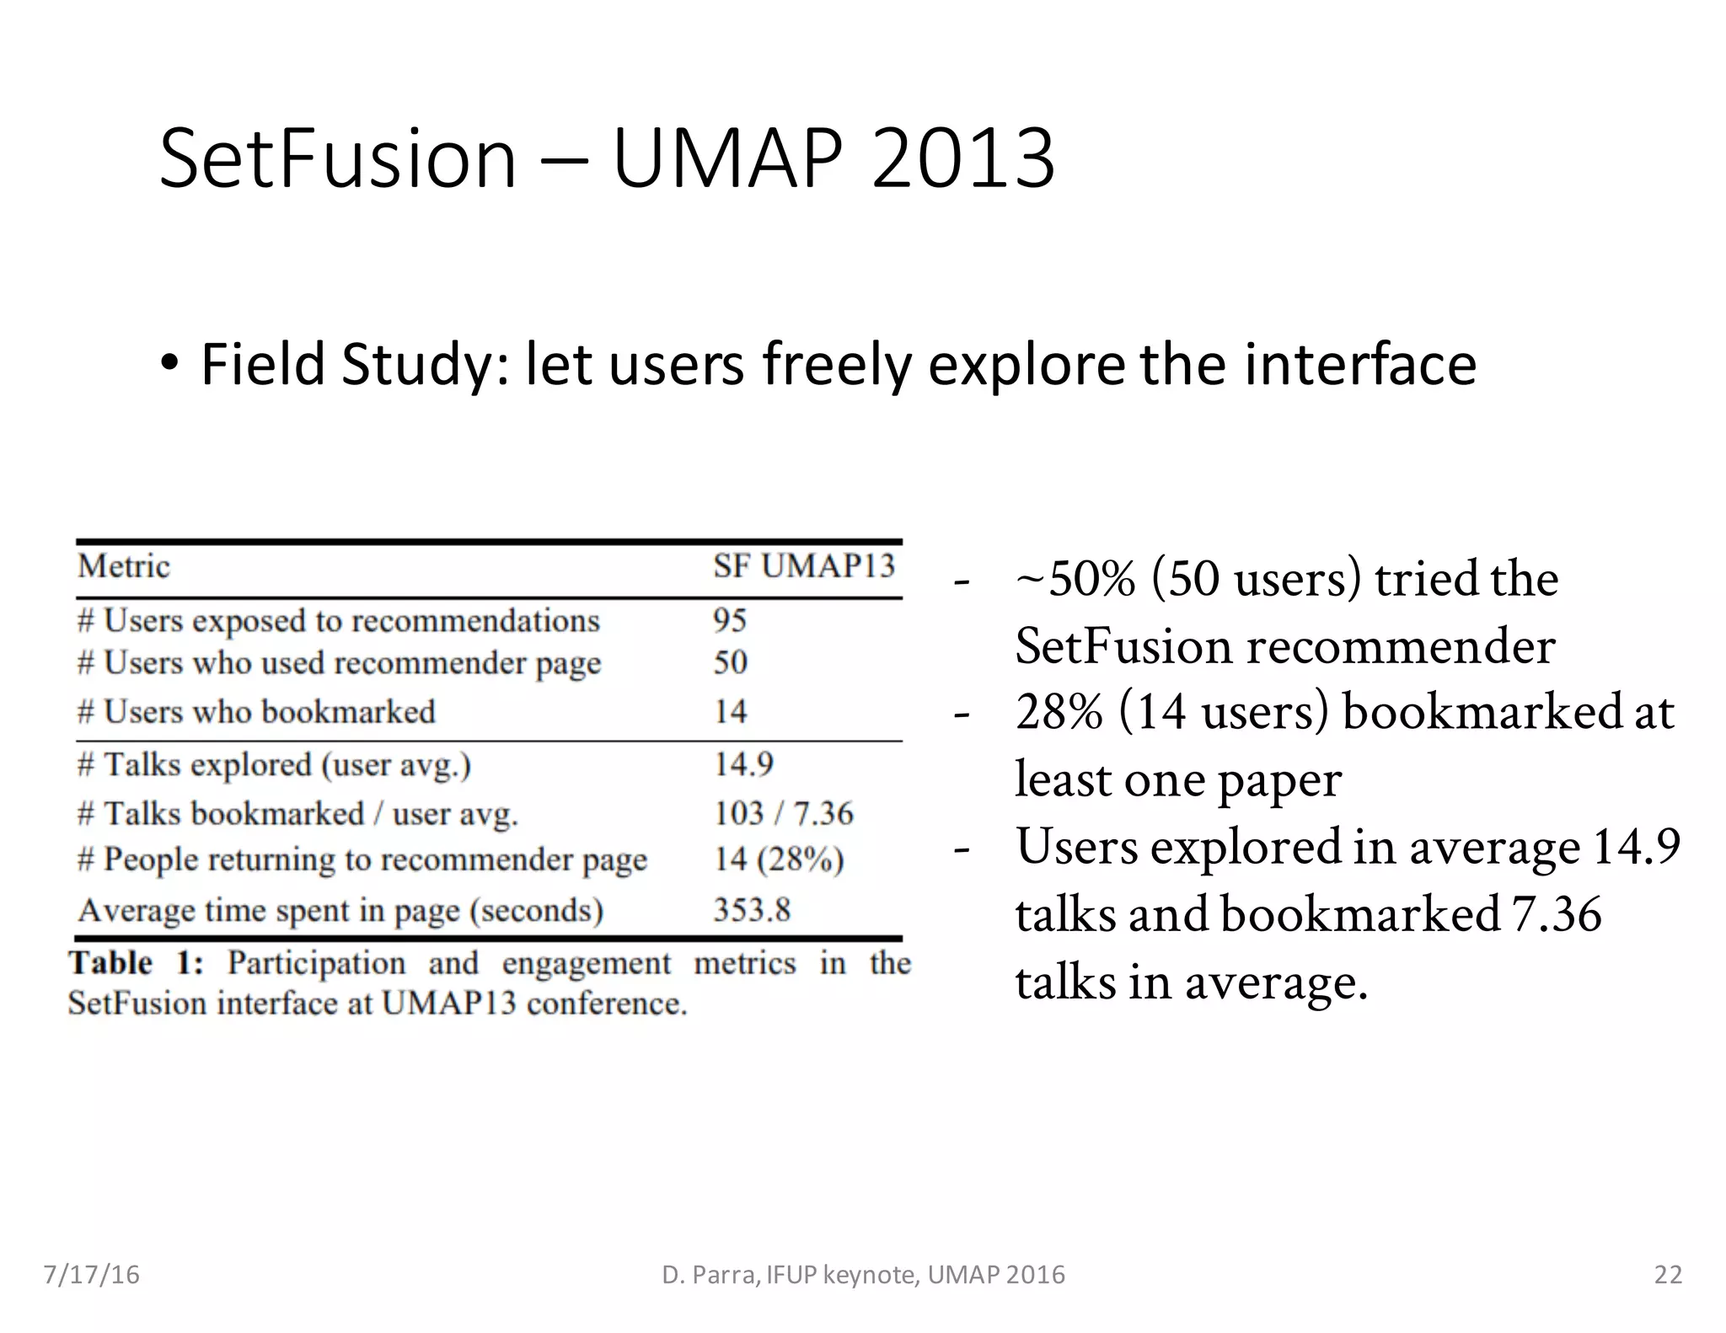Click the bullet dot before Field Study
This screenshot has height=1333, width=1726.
tap(170, 364)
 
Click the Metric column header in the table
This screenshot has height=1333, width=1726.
tap(124, 566)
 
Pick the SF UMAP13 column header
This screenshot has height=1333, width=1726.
tap(803, 566)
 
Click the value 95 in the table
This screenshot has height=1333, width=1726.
tap(730, 620)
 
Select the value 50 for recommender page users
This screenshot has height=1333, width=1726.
tap(730, 662)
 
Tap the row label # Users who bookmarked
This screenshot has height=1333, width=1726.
tap(256, 712)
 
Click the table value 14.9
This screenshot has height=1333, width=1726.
tap(743, 764)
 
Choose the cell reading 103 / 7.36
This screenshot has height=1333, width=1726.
tap(783, 813)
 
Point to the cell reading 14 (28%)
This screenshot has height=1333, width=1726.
tap(778, 859)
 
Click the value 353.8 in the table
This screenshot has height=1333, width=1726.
tap(752, 910)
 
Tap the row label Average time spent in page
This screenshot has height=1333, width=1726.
tap(340, 911)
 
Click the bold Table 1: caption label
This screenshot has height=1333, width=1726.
tap(136, 962)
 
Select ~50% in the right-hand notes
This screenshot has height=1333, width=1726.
tap(1075, 580)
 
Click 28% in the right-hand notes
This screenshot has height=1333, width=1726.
tap(1059, 712)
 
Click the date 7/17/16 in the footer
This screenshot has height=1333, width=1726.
tap(91, 1274)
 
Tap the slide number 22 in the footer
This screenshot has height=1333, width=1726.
tap(1668, 1274)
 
